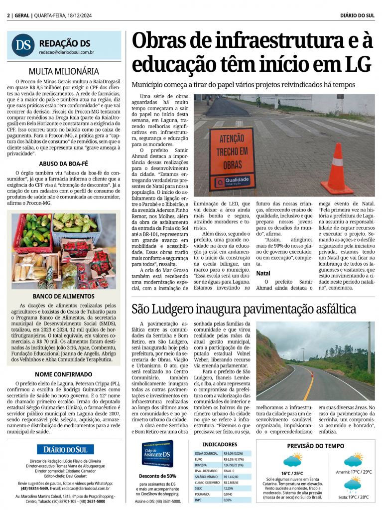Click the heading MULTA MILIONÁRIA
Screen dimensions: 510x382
(x=64, y=71)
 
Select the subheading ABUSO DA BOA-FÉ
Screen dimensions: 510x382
(x=64, y=163)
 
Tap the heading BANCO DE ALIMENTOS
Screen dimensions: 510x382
(x=64, y=296)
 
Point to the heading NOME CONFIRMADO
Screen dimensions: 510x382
(x=64, y=374)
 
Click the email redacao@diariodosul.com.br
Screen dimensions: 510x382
(x=67, y=52)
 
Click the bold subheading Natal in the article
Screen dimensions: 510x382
(x=263, y=274)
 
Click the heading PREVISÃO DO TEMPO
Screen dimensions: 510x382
(x=316, y=446)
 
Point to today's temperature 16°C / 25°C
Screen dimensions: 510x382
(x=292, y=474)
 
